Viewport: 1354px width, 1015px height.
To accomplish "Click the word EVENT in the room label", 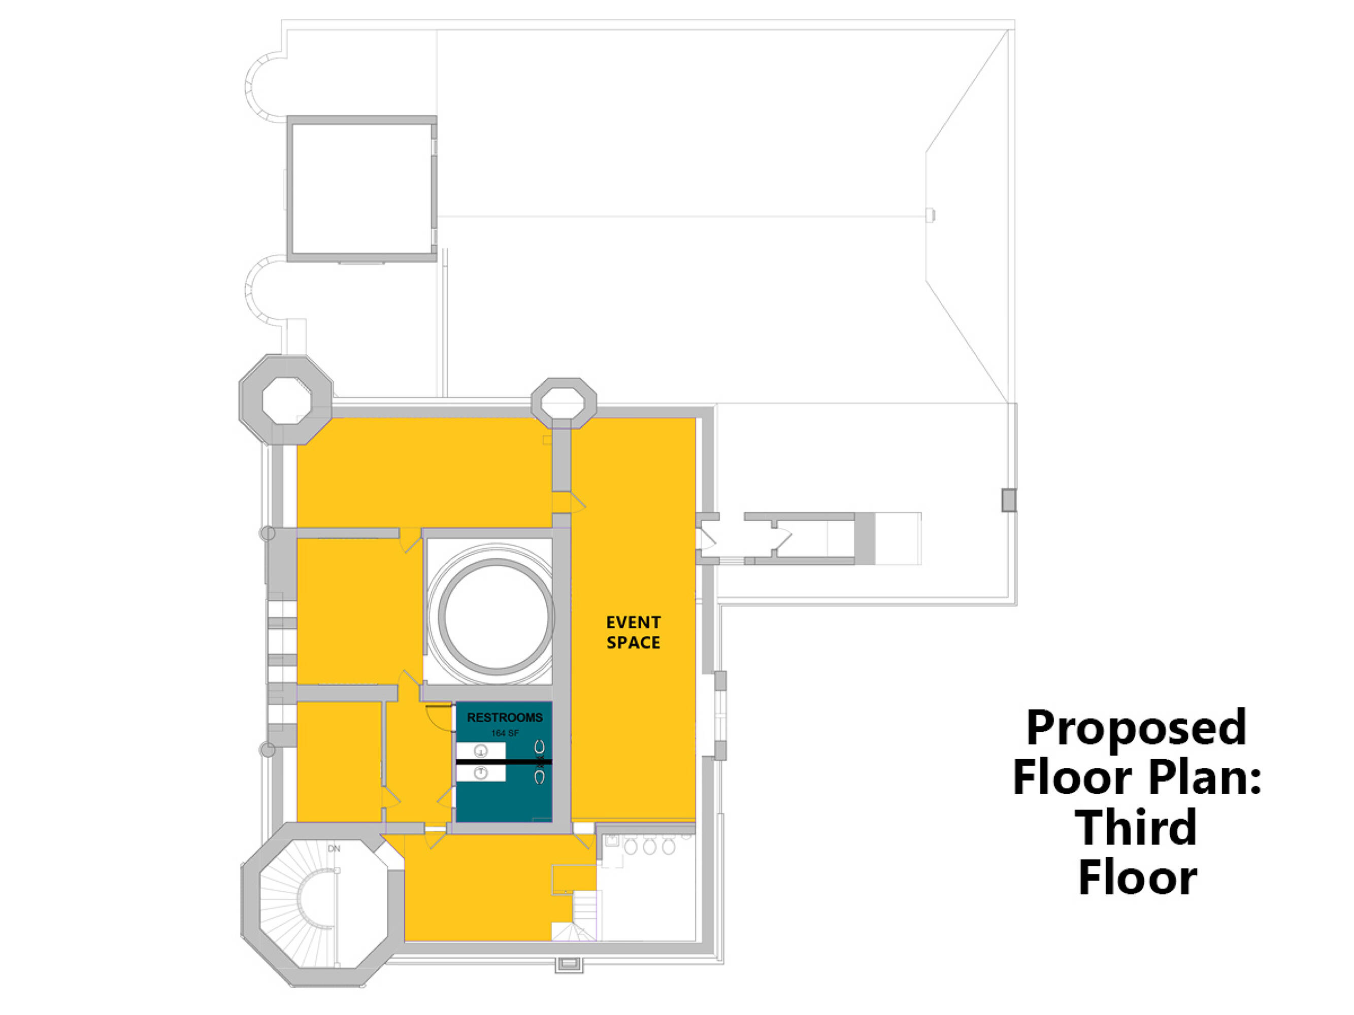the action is pos(634,622).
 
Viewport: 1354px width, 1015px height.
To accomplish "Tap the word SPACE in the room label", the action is pos(634,642).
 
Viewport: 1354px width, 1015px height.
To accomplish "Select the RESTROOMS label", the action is pos(505,717).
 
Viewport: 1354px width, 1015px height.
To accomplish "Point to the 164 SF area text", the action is pos(505,732).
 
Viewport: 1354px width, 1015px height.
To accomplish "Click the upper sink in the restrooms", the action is pos(481,751).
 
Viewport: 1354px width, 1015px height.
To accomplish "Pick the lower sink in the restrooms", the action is pos(481,773).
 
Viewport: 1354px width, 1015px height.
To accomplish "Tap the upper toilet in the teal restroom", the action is pos(539,747).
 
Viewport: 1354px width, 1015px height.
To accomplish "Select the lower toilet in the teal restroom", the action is pos(539,777).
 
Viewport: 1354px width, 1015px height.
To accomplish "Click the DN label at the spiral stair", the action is pos(334,849).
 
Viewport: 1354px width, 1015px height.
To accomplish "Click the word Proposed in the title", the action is pos(1136,728).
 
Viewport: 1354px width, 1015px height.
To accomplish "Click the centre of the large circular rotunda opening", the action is pos(497,616).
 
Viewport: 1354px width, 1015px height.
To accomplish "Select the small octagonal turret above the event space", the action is pos(564,403).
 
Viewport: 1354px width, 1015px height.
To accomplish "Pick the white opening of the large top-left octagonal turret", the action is pos(286,401).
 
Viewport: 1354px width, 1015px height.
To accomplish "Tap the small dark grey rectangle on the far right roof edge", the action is pos(1009,500).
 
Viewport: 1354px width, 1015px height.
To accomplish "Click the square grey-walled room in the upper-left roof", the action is pos(362,188).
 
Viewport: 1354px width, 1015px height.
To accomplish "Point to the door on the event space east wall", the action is pos(708,538).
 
